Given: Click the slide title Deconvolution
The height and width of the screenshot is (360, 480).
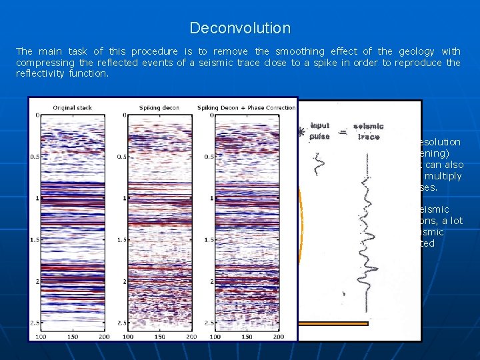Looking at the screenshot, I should coord(240,28).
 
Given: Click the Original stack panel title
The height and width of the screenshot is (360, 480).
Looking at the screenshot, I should coord(73,108).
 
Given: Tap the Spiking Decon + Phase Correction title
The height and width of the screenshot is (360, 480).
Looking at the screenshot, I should coord(246,108).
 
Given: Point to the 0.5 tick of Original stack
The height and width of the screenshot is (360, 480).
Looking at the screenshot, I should coord(34,157).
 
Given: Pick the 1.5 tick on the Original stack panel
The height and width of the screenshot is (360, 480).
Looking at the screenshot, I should coord(34,240).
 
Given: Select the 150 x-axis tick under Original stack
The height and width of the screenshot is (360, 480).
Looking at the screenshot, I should coord(73,337).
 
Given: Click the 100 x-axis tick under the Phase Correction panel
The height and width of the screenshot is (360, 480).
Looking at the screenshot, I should coord(215,337).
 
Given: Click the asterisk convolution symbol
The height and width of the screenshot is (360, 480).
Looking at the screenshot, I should coord(302,132).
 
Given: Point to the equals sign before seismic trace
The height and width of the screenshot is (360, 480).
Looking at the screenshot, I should coord(343,132).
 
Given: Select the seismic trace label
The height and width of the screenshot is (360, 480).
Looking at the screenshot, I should coord(368,132).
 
